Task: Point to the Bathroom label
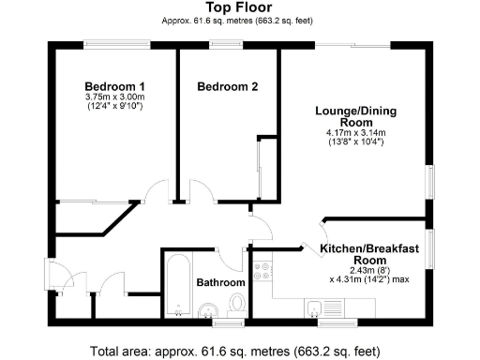point(220,282)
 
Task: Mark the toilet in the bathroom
point(238,303)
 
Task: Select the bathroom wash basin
point(208,309)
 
